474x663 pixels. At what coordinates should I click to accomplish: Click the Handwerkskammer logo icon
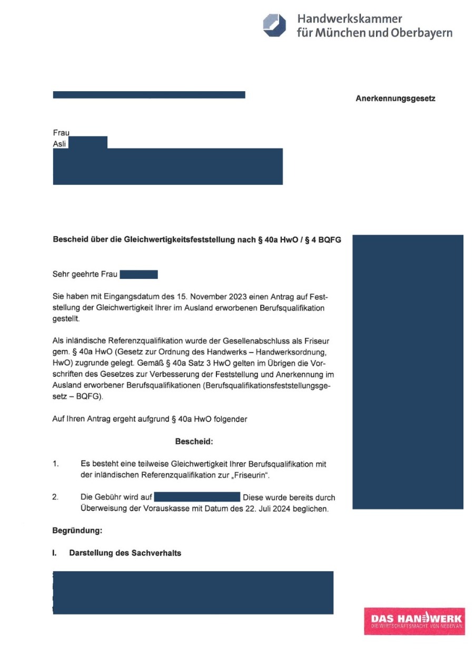tap(274, 25)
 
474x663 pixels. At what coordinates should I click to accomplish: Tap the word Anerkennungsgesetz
tap(396, 99)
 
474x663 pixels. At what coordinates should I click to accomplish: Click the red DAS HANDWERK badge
tap(414, 620)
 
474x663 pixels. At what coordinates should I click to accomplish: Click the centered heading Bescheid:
tap(194, 442)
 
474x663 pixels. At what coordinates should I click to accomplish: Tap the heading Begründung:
tap(77, 531)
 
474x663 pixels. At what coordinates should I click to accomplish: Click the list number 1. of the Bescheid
tap(56, 464)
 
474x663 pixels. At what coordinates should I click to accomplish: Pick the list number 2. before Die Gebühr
tap(56, 498)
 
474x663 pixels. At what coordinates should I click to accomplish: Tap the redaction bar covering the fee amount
tap(197, 498)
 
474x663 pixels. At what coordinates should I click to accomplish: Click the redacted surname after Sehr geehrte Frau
tap(139, 274)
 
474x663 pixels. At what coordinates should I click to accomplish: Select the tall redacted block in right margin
tap(408, 372)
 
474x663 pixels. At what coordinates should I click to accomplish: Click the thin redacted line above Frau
tap(149, 95)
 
